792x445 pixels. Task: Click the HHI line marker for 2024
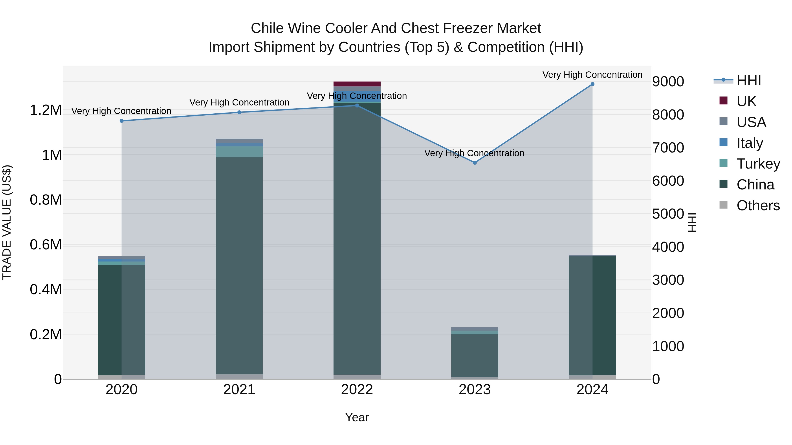(x=592, y=84)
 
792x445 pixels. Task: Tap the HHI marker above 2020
(x=121, y=121)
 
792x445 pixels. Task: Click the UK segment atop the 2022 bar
(x=357, y=84)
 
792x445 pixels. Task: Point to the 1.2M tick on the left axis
(x=46, y=110)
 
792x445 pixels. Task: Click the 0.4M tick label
(x=46, y=289)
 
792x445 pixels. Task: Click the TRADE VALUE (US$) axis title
(x=7, y=222)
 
